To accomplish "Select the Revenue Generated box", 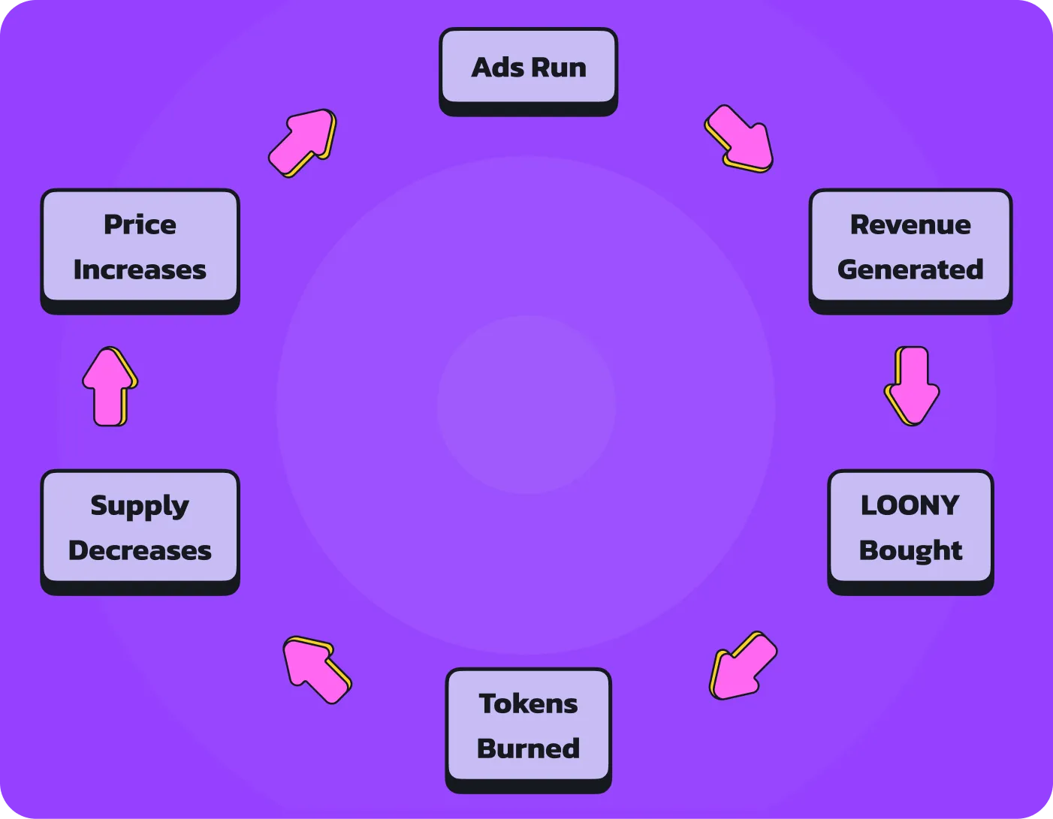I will tap(910, 247).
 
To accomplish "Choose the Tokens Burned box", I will tap(528, 726).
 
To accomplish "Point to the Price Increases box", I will tap(140, 247).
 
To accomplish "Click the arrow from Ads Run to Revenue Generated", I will tap(739, 139).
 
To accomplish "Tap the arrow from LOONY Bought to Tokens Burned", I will tap(743, 665).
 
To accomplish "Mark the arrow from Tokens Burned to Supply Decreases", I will tap(316, 669).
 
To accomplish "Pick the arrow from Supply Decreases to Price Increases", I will tap(110, 386).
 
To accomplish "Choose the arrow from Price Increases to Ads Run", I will tap(302, 143).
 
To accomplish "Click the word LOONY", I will tap(910, 505).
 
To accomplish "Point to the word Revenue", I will tap(910, 224).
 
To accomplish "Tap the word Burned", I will tap(528, 748).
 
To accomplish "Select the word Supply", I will tap(140, 507).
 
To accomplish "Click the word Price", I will tap(140, 224).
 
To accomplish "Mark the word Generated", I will tap(910, 269).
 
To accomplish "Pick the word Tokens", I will tap(528, 703).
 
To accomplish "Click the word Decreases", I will tap(140, 550).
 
